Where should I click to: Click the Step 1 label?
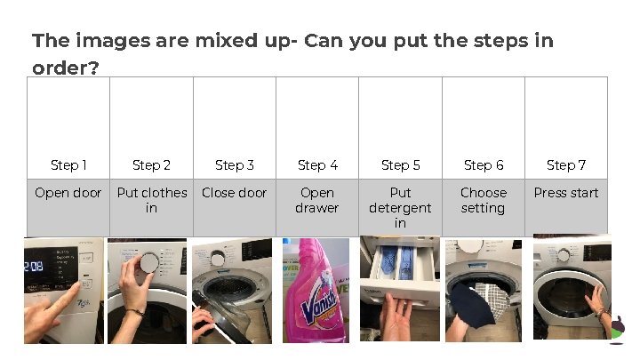(68, 165)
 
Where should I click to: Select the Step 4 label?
(317, 165)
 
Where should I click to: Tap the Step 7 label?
(566, 165)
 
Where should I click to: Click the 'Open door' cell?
(68, 208)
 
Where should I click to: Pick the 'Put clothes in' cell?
(151, 208)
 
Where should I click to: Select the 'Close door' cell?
(235, 208)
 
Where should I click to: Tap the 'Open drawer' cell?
(317, 208)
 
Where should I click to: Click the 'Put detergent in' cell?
(400, 208)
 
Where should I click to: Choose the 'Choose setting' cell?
(484, 208)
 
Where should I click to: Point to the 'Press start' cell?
(566, 208)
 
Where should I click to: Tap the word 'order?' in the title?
(65, 68)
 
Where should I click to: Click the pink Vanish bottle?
(316, 290)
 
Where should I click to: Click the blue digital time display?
(34, 267)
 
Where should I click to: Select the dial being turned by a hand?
(148, 261)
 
